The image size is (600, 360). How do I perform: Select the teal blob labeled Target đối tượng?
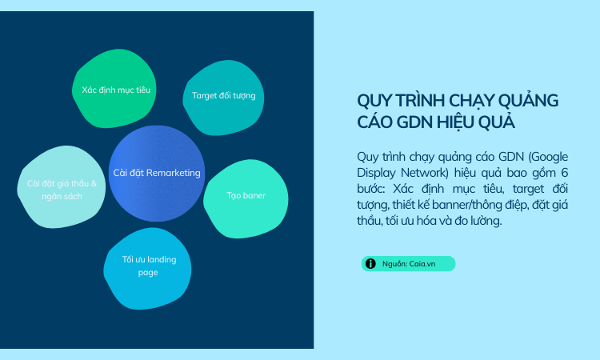click(x=224, y=96)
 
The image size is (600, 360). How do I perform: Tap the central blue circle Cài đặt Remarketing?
click(x=157, y=173)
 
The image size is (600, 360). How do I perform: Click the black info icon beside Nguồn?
click(x=370, y=263)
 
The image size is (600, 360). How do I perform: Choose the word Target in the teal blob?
click(x=206, y=96)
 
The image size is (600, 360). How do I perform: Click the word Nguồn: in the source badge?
click(x=395, y=263)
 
